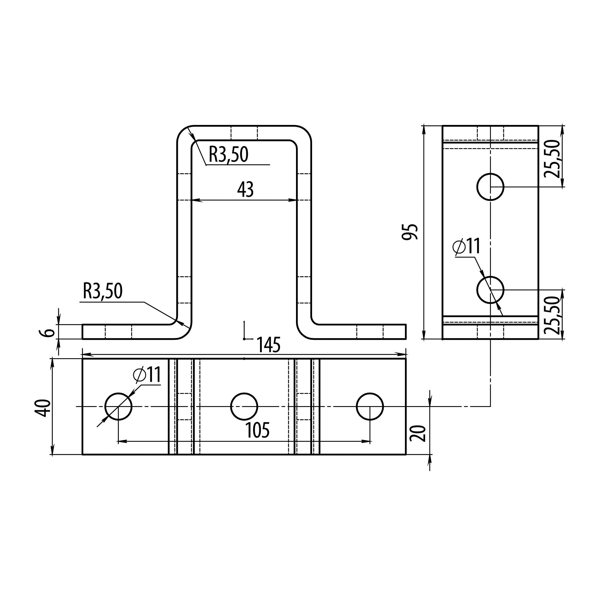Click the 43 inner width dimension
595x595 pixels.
pos(245,190)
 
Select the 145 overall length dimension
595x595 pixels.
pos(268,345)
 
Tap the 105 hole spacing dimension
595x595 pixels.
pos(257,430)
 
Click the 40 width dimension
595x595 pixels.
pos(44,408)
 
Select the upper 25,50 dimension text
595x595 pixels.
pos(551,159)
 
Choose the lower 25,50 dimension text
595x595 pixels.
pos(551,315)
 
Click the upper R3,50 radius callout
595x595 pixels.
pos(228,154)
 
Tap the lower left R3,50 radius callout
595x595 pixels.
pos(103,291)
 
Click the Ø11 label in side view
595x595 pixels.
pos(466,246)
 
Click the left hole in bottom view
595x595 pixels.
pos(118,406)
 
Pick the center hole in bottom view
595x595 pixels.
pos(244,406)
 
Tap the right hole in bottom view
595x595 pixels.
pos(370,406)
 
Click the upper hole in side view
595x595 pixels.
pos(490,187)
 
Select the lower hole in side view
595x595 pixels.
pos(490,290)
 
